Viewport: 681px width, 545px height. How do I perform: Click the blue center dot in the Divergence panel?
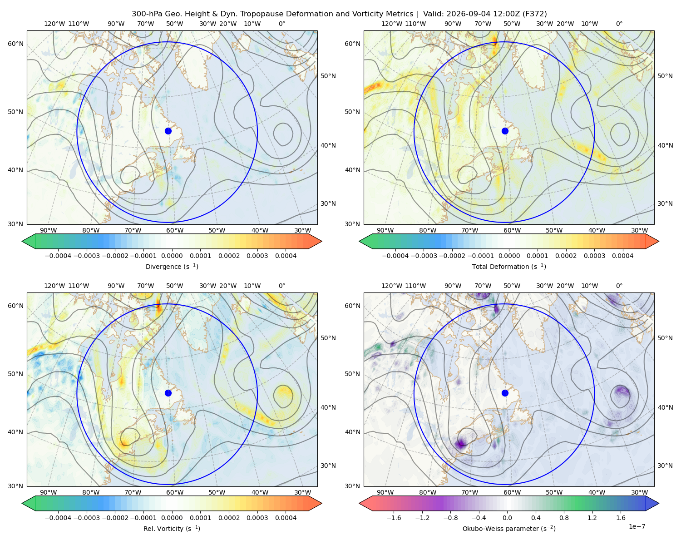tap(168, 131)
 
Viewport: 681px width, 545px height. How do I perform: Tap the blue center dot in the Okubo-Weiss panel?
tap(505, 393)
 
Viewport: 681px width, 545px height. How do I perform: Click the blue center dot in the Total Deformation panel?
tap(505, 131)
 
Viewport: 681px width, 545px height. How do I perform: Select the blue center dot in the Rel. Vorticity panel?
tap(168, 393)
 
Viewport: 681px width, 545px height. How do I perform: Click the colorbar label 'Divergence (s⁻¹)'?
tap(172, 267)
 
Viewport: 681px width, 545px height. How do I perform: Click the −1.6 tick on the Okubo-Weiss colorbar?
tap(394, 518)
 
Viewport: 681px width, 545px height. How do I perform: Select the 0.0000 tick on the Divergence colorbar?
tap(172, 256)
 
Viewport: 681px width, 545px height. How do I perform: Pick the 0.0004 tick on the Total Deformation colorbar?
tap(622, 256)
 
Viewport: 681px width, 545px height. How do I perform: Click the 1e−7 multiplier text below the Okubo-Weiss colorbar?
tap(637, 527)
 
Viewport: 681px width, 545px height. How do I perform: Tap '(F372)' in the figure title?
tap(535, 14)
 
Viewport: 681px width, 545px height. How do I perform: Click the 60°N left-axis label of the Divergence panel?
tap(15, 44)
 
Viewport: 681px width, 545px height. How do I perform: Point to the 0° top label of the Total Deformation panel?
tap(619, 24)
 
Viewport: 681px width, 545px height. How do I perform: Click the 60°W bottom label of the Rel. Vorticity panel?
tap(175, 492)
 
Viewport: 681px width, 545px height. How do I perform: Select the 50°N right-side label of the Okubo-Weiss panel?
tap(665, 338)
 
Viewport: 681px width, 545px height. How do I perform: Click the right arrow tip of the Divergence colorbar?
tap(321, 241)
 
